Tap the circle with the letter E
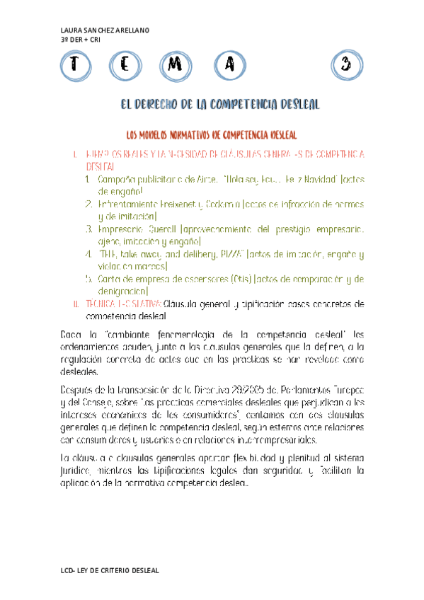point(125,65)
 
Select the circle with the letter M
point(177,65)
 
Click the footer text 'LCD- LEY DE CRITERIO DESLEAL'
point(111,570)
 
